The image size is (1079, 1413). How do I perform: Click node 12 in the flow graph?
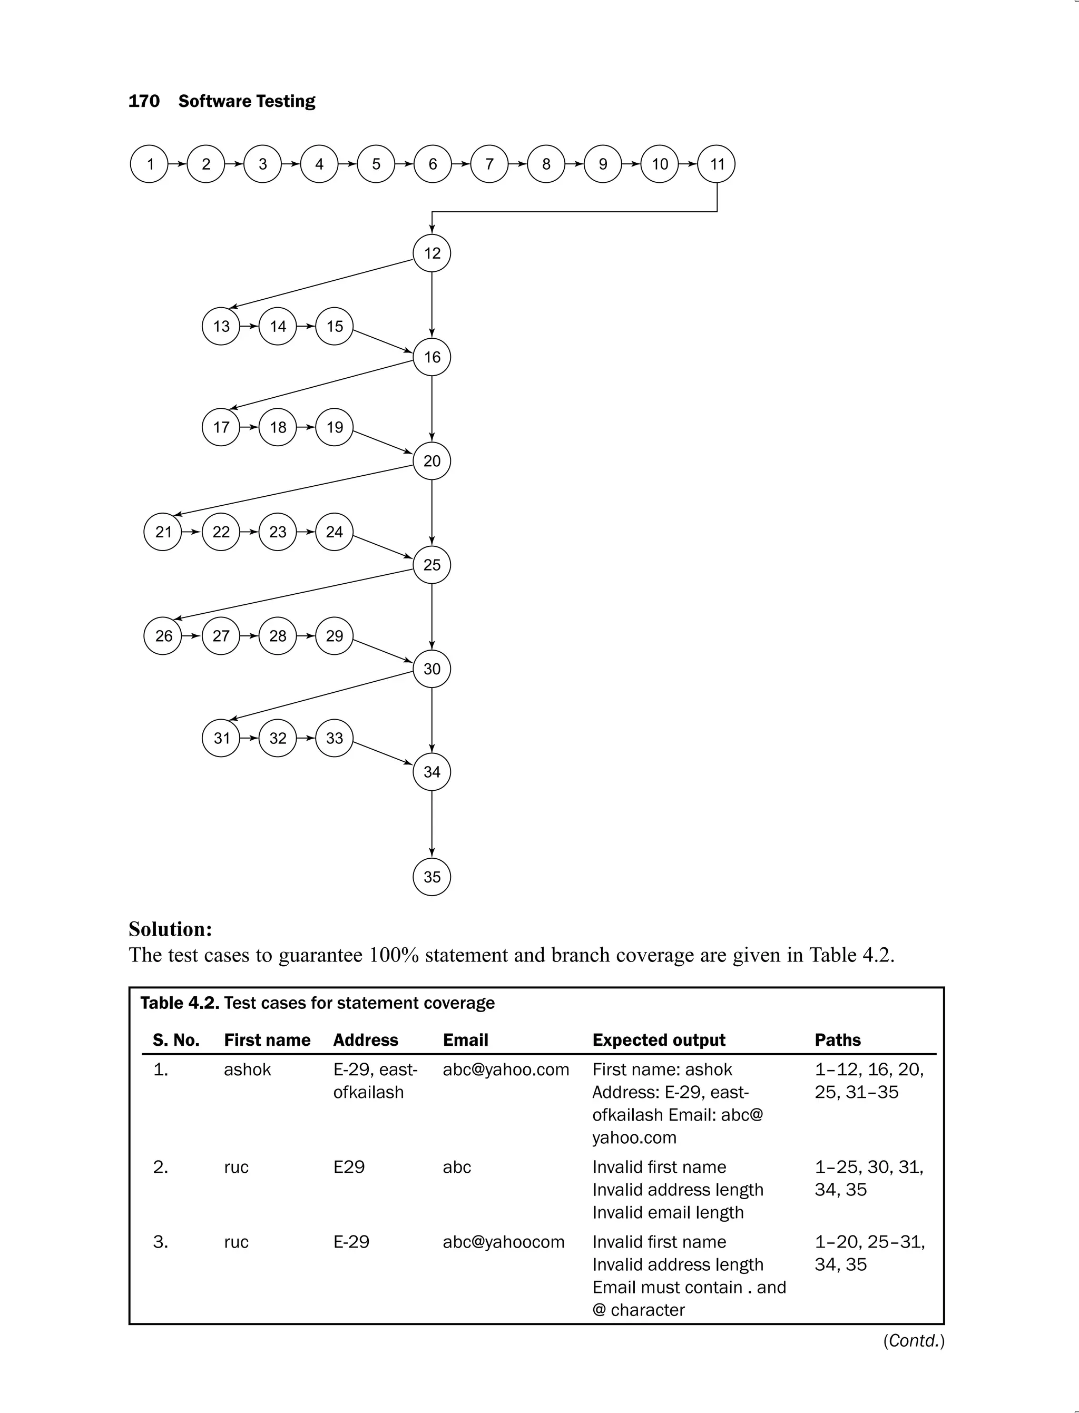(431, 253)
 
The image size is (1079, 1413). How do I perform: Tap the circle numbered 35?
(431, 877)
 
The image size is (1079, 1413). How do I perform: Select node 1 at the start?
(149, 164)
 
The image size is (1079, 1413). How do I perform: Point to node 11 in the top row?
(717, 164)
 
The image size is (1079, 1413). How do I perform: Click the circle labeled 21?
(163, 532)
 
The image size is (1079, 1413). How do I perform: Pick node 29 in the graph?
(334, 636)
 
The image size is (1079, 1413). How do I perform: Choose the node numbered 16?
(431, 357)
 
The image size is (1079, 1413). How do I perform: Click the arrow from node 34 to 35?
(431, 824)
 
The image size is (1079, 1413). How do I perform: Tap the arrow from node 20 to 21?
(293, 490)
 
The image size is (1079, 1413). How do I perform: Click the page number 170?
(144, 101)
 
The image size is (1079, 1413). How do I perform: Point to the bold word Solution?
(170, 929)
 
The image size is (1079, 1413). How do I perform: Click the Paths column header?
(838, 1040)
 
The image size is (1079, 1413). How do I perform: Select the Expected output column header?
(659, 1040)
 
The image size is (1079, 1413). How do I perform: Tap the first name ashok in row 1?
(247, 1069)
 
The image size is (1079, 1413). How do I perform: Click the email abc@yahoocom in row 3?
(504, 1242)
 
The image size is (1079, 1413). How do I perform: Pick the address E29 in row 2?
(349, 1166)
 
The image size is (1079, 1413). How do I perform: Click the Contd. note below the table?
(913, 1340)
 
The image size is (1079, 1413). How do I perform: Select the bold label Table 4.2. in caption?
(180, 1003)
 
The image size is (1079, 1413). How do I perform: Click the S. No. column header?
(176, 1040)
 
